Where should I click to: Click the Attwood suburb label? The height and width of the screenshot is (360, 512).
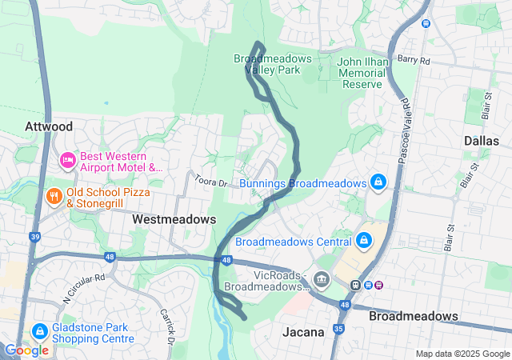49,126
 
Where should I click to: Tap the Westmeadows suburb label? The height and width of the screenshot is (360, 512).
174,218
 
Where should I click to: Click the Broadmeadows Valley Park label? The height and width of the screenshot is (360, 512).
267,64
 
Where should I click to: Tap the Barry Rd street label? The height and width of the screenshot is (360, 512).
413,60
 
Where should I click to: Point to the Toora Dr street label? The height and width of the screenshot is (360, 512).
212,183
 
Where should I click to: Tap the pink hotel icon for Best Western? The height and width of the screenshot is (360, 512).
68,161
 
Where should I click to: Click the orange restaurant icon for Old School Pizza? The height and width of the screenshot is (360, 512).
54,196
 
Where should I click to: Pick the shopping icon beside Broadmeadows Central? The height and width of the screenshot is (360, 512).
363,241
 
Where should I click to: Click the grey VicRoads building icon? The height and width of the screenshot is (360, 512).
322,279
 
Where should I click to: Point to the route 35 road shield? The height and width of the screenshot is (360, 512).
338,328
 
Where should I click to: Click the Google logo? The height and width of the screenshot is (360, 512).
26,350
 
